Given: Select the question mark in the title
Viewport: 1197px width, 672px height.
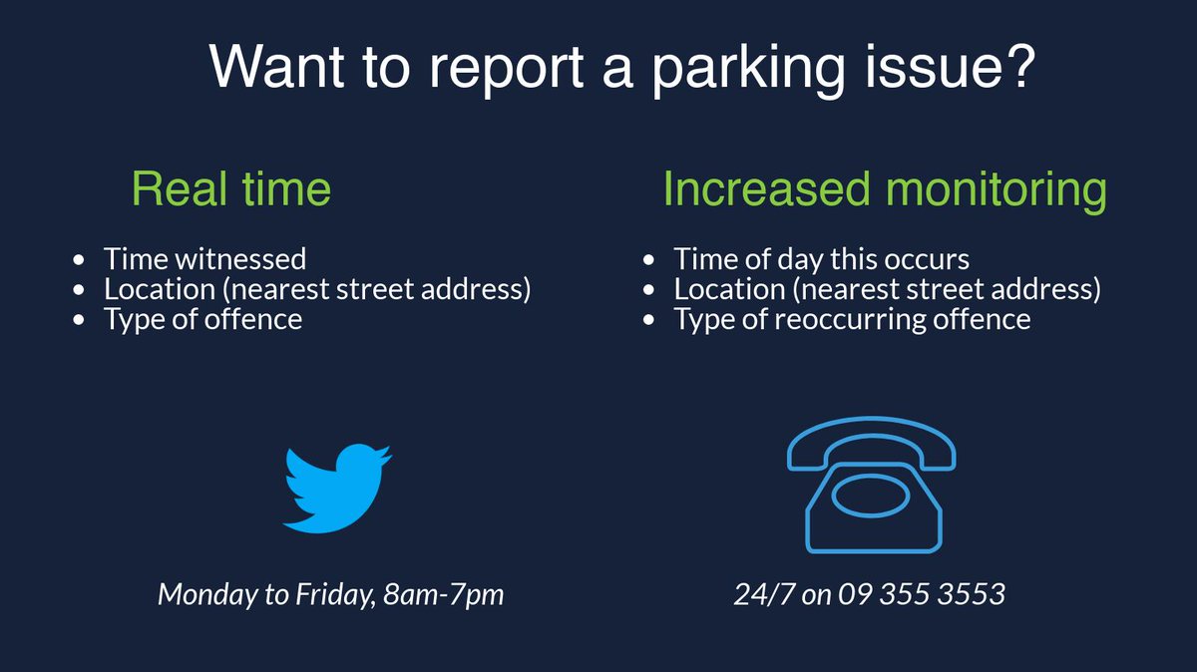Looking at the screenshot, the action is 1018,65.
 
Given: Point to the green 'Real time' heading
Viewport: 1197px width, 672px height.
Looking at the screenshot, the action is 231,188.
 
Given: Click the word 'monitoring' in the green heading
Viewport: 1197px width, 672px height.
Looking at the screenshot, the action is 997,191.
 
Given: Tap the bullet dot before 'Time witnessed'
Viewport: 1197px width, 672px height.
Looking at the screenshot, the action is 79,260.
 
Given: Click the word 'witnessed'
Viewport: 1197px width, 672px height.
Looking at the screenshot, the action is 241,259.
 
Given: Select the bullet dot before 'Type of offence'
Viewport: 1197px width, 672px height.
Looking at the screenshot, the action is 79,320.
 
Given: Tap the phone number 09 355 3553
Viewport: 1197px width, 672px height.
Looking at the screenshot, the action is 922,594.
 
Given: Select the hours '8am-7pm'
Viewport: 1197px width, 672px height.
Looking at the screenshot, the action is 444,594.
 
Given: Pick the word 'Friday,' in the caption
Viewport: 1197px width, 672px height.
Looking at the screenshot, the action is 335,594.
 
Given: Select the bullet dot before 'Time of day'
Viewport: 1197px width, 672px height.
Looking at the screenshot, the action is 648,260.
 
